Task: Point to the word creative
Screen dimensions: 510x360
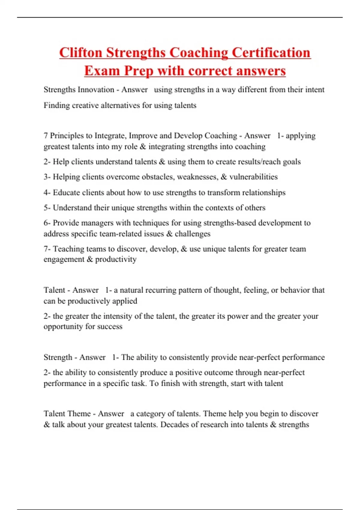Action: (85, 105)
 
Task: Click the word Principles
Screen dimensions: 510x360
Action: (67, 136)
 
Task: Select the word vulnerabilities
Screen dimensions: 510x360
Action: (253, 177)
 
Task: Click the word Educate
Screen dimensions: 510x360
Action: (66, 192)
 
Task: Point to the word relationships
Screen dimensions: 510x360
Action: (264, 192)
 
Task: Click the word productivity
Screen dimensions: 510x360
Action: (116, 259)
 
